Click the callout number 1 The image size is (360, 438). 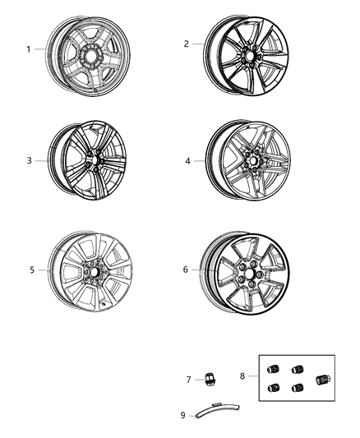tap(28, 49)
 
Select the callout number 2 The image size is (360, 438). tap(187, 44)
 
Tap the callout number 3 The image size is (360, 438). tap(29, 160)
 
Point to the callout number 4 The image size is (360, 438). tap(187, 161)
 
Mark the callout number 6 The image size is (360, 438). tap(187, 269)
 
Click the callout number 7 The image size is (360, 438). tap(188, 380)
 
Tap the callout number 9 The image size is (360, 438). tap(182, 414)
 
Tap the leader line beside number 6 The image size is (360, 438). tap(200, 269)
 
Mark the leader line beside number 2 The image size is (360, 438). tap(200, 44)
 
